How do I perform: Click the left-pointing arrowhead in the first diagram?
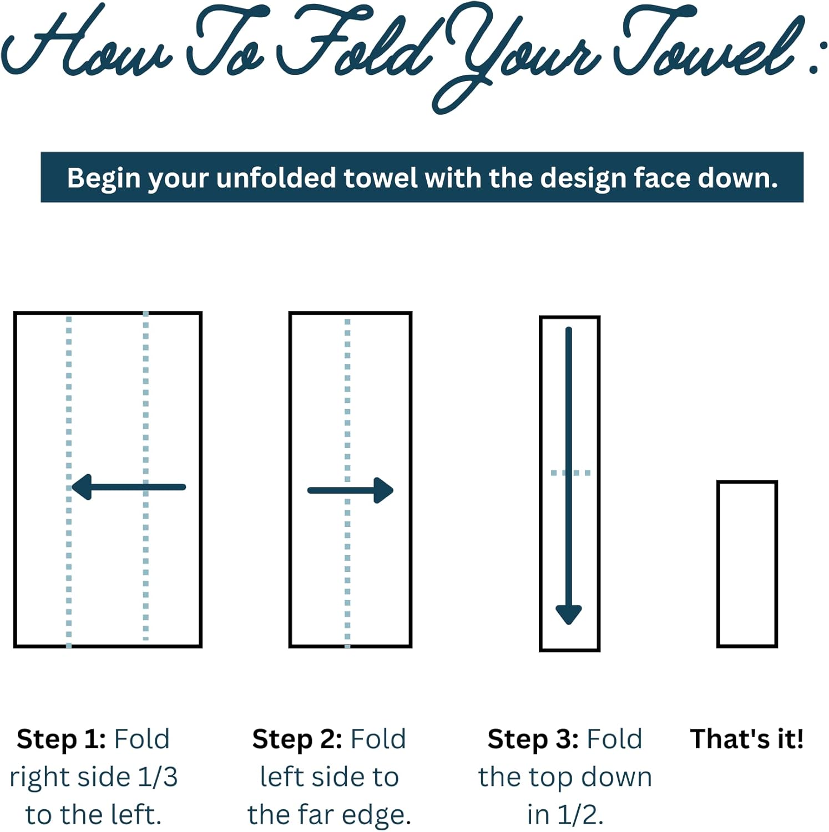tap(82, 487)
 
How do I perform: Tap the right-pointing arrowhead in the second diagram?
tap(383, 490)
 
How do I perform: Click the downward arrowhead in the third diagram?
tap(569, 615)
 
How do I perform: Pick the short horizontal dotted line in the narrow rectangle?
tap(570, 473)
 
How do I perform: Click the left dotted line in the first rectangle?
tap(69, 480)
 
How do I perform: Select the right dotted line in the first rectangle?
tap(145, 477)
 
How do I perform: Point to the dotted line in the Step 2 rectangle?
tap(347, 481)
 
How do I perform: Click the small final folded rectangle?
tap(718, 564)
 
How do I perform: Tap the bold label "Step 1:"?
tap(61, 739)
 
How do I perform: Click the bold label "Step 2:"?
tap(297, 739)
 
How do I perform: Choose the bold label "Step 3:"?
tap(533, 739)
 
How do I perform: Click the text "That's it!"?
tap(747, 739)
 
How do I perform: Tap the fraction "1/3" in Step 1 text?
tap(158, 777)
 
